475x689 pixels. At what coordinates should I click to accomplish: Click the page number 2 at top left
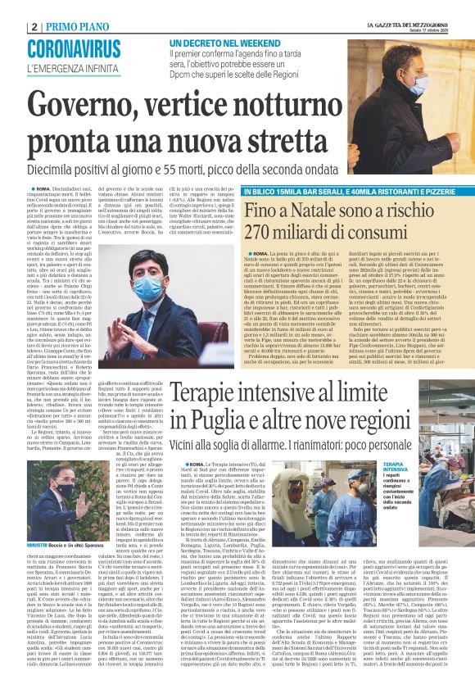pos(34,26)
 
